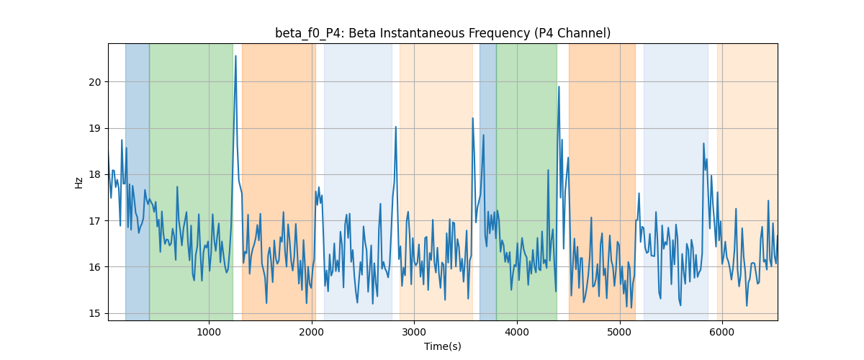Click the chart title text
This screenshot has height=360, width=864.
pos(443,33)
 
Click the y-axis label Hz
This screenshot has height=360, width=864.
pos(78,183)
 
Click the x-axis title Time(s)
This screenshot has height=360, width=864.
pos(443,346)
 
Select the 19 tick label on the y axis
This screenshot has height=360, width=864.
pos(95,128)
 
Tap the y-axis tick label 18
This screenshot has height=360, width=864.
pos(95,175)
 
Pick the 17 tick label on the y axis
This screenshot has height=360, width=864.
pos(95,221)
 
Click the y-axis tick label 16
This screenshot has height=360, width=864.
pos(95,267)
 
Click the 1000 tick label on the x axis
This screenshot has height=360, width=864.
pos(209,333)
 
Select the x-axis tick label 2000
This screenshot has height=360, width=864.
pos(312,333)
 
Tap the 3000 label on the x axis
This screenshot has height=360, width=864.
pos(414,333)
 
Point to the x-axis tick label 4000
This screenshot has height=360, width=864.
pos(517,333)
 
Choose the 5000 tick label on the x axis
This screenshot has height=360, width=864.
pos(619,333)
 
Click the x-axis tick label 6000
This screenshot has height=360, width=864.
pos(722,333)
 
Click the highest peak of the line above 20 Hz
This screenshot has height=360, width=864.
pos(235,56)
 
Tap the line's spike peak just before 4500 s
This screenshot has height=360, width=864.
pos(559,87)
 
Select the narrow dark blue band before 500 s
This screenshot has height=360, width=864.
pos(138,182)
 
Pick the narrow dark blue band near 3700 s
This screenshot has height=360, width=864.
pos(488,182)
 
